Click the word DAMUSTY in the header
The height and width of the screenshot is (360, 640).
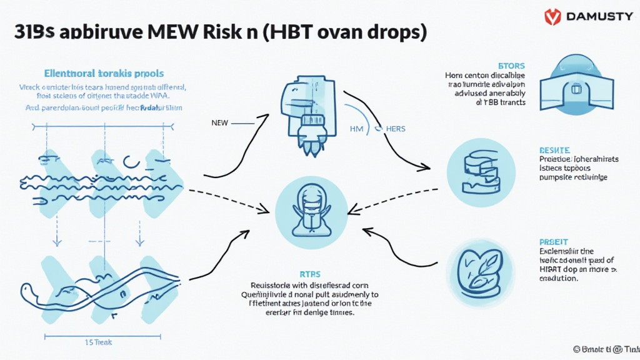click(599, 17)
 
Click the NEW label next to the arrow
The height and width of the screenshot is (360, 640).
click(220, 123)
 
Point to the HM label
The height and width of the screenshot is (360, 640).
click(356, 129)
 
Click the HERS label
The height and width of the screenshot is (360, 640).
click(395, 129)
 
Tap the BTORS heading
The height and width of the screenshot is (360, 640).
click(512, 66)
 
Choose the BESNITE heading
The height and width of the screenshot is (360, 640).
click(554, 151)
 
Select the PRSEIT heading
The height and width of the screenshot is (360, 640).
click(553, 241)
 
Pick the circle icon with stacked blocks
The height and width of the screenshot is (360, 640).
click(481, 172)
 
